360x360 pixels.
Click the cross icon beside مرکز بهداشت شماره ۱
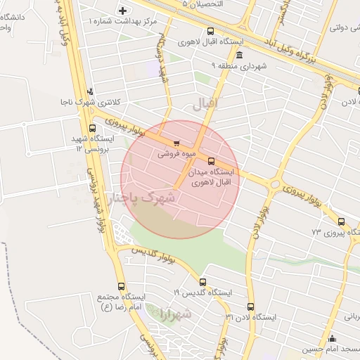click(124, 11)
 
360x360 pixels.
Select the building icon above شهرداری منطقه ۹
click(240, 56)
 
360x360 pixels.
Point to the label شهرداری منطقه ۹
click(240, 67)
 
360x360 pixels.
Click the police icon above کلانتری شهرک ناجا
click(89, 91)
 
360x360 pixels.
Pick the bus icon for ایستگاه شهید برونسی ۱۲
click(93, 127)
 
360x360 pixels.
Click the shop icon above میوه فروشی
click(166, 141)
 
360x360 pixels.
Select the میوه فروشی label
click(172, 151)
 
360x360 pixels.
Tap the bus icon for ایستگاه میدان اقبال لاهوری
click(212, 161)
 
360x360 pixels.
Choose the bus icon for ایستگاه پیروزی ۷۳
click(341, 221)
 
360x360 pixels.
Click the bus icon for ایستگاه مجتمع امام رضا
click(122, 287)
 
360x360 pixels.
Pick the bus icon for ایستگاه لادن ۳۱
click(251, 307)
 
